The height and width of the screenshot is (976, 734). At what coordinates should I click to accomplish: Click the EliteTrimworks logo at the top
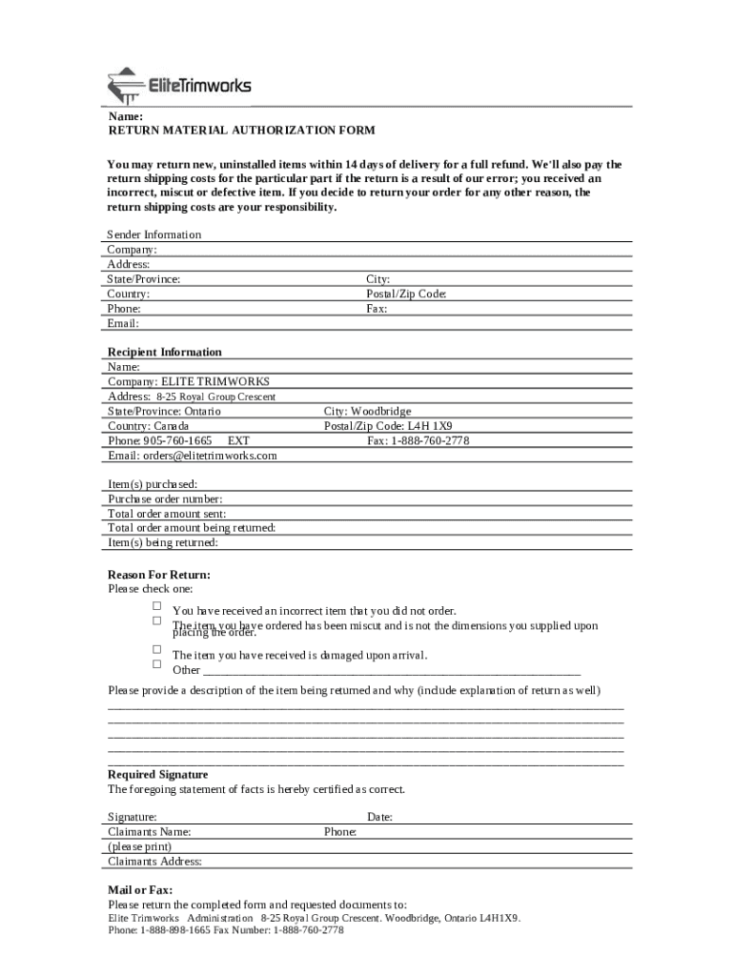coord(180,86)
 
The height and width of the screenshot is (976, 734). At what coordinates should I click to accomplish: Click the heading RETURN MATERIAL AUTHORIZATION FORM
coord(241,130)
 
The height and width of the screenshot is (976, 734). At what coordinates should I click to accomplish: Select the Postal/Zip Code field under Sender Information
coord(406,294)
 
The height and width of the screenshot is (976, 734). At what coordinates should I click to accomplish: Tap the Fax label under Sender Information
coord(377,309)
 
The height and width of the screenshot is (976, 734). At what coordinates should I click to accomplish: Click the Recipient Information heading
coord(165,352)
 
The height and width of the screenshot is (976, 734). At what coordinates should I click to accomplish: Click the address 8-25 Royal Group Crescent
coord(215,396)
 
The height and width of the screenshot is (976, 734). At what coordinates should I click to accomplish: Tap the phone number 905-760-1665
coord(177,441)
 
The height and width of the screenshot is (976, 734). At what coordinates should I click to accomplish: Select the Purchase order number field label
coord(165,498)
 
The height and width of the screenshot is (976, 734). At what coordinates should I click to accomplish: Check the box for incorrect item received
coord(157,606)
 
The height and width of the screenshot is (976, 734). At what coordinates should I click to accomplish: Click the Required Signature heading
coord(157,775)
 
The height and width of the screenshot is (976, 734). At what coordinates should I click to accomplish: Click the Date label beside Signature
coord(379,817)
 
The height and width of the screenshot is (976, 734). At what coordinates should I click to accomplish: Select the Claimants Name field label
coord(150,831)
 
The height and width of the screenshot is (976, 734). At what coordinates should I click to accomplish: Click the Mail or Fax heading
coord(140,890)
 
